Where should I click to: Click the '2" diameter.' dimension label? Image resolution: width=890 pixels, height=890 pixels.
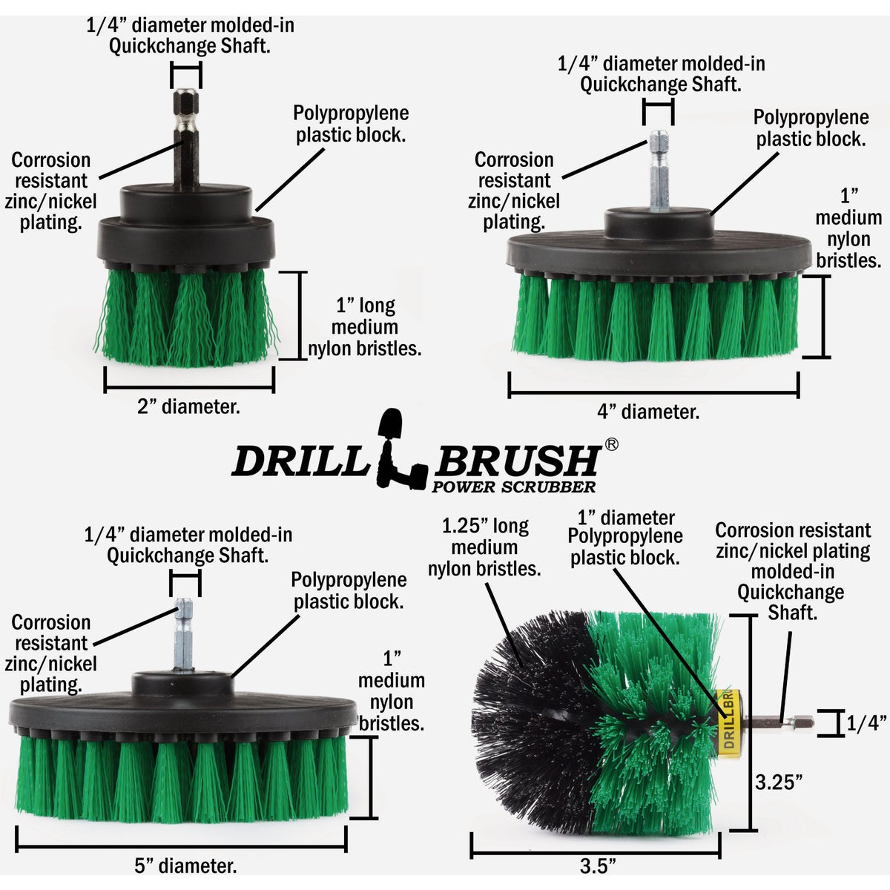(188, 406)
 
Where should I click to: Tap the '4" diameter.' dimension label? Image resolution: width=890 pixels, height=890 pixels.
(648, 412)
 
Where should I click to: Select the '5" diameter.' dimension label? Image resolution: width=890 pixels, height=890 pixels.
(185, 865)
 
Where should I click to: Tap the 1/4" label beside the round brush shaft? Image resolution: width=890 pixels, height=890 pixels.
(864, 723)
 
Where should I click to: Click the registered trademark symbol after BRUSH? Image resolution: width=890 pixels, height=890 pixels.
(612, 444)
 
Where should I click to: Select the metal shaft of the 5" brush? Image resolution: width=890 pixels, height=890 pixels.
(183, 638)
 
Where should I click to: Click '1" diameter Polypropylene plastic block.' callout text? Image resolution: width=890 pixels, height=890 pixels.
(625, 538)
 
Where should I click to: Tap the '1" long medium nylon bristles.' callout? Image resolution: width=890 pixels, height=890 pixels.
(365, 327)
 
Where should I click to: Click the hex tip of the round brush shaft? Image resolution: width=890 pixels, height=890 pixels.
(802, 720)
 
